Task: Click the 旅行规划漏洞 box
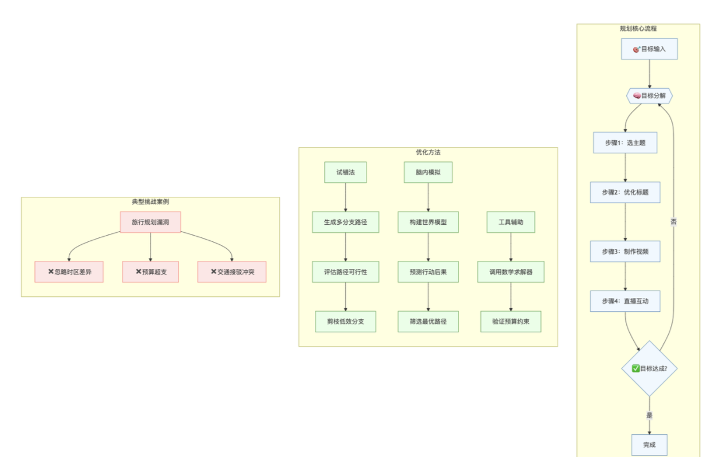click(x=151, y=222)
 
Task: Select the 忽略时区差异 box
click(x=69, y=272)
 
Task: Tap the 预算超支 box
click(x=151, y=272)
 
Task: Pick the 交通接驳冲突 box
click(x=232, y=272)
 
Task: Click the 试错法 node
click(x=346, y=172)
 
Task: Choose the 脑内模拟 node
click(x=428, y=172)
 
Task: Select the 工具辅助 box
click(x=511, y=222)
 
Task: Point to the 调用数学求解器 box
click(x=511, y=272)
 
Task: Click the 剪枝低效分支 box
click(x=346, y=321)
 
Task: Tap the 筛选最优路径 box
click(x=428, y=321)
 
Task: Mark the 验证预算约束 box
click(x=511, y=321)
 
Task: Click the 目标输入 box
click(x=649, y=49)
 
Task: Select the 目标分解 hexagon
click(x=649, y=96)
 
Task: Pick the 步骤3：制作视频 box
click(x=625, y=252)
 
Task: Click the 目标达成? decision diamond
click(x=649, y=368)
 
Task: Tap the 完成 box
click(x=649, y=445)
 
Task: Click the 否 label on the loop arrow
click(x=673, y=222)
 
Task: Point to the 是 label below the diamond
click(x=649, y=415)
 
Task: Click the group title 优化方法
click(x=428, y=153)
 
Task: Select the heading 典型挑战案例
click(x=151, y=202)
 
